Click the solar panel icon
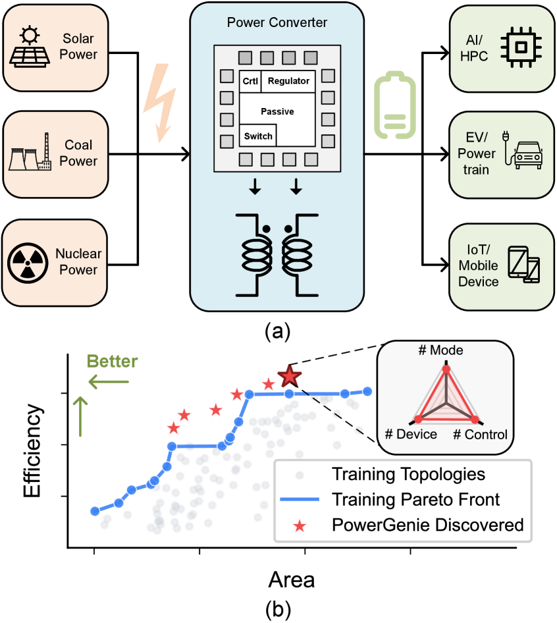[30, 47]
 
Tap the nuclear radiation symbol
[28, 262]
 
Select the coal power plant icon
[30, 153]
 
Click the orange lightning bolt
[160, 103]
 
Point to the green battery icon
[395, 107]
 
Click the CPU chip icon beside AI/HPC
[520, 47]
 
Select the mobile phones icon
[524, 263]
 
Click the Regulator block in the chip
[288, 81]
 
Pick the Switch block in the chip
[258, 136]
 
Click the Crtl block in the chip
[250, 81]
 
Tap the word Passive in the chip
[277, 111]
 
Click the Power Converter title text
[277, 23]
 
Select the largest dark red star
[289, 376]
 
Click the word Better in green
[113, 361]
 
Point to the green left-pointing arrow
[109, 381]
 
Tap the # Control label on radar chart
[481, 434]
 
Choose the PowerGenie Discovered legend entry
[427, 525]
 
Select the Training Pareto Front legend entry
[415, 499]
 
